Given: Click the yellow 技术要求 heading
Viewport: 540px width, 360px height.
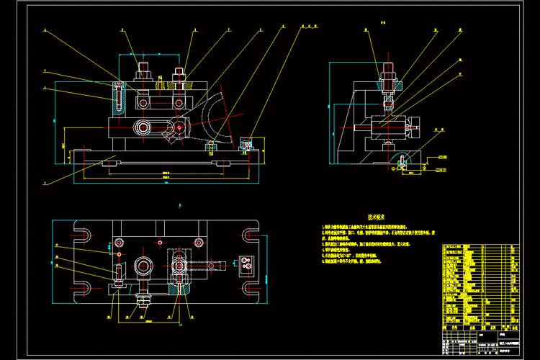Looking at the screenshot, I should tap(377, 216).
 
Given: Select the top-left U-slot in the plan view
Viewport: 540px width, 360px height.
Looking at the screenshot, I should tap(81, 234).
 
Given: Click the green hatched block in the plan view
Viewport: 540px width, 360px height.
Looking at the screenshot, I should tap(179, 288).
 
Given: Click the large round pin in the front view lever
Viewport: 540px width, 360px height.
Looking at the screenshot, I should tap(143, 127).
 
